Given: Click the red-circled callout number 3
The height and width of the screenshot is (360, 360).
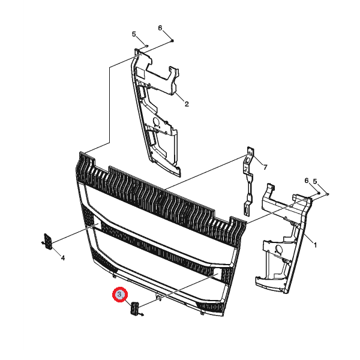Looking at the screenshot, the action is click(x=119, y=294).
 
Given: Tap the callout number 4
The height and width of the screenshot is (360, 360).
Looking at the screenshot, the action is click(x=62, y=258).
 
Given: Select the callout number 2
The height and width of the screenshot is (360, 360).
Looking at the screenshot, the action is click(x=187, y=104).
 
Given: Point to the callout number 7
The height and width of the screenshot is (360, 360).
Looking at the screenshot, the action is click(x=265, y=167).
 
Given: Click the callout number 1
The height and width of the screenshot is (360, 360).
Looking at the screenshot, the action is click(x=315, y=245).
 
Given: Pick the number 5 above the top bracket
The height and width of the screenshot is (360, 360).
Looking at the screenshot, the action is click(x=134, y=34).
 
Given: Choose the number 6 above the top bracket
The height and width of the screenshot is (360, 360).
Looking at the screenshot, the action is click(x=160, y=28).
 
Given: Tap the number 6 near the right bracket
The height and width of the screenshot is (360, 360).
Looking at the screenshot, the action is click(x=307, y=181).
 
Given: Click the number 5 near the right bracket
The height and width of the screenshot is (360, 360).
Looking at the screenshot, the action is click(x=315, y=181).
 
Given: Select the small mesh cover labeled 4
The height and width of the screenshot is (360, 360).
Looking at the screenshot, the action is click(x=48, y=241).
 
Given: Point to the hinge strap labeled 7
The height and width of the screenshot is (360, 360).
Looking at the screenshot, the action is click(x=248, y=181).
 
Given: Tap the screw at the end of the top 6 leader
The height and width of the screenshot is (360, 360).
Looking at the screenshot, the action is click(x=172, y=41).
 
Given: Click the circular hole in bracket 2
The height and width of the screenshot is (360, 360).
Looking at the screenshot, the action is click(x=157, y=122).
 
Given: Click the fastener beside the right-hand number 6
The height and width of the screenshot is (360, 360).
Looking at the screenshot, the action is click(x=319, y=193).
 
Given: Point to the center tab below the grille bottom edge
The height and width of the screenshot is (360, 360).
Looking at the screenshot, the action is click(x=158, y=298).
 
